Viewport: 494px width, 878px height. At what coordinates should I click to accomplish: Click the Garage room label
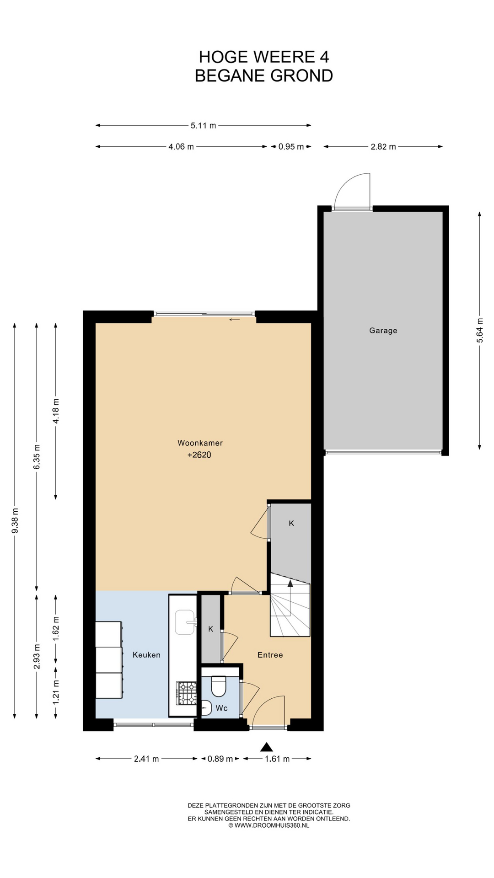pos(383,331)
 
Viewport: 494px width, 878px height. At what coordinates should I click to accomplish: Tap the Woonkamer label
pos(200,443)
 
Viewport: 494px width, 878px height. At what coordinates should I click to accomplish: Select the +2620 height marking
pos(199,455)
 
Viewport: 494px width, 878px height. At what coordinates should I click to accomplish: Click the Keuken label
pos(146,655)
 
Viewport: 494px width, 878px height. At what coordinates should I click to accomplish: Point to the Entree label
pos(270,655)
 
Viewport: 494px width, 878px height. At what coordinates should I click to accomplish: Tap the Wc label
pos(222,708)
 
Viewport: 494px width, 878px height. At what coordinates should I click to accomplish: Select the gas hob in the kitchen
pos(187,693)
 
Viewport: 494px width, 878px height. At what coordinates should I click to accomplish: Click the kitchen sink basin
pos(185,622)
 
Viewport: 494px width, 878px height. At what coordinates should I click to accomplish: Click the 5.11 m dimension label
pos(203,125)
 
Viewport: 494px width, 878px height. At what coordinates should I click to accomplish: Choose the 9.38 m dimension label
pos(15,520)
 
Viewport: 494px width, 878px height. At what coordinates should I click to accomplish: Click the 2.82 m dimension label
pos(383,147)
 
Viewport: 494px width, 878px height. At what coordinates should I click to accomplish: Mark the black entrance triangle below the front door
pos(267,747)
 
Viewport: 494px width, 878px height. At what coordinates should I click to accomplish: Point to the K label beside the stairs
pos(291,523)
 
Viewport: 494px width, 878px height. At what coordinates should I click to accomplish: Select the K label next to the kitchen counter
pos(210,629)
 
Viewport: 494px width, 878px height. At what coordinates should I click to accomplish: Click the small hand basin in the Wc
pos(206,708)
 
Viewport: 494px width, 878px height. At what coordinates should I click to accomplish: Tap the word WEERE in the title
pos(284,57)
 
